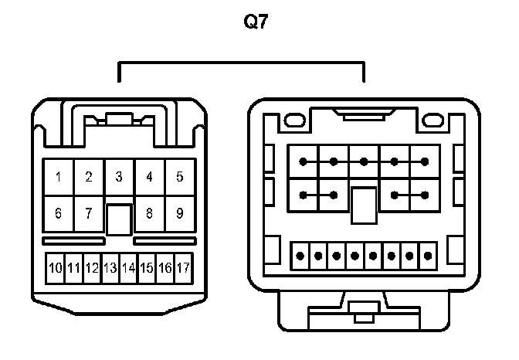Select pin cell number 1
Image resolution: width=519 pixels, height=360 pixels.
[x=59, y=177]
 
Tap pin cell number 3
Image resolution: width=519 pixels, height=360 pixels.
[x=119, y=177]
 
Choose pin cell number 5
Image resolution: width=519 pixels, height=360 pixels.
[x=179, y=177]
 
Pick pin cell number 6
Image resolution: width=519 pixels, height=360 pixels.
[x=59, y=213]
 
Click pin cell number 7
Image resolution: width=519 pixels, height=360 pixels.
[x=89, y=213]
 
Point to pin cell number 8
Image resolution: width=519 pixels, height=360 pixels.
[x=149, y=213]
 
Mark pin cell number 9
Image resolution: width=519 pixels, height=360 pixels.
[x=179, y=213]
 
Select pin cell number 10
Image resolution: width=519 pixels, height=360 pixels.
[x=56, y=269]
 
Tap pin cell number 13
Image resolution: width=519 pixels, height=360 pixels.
[x=110, y=269]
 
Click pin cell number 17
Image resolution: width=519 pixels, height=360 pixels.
[x=183, y=269]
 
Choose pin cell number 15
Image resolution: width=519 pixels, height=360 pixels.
[x=147, y=269]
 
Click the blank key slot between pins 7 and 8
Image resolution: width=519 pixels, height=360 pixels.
[x=119, y=219]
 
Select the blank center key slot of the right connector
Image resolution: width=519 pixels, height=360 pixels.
[x=363, y=205]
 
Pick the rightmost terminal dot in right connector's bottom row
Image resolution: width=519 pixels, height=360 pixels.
[x=428, y=254]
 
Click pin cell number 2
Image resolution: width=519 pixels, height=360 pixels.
[x=89, y=177]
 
